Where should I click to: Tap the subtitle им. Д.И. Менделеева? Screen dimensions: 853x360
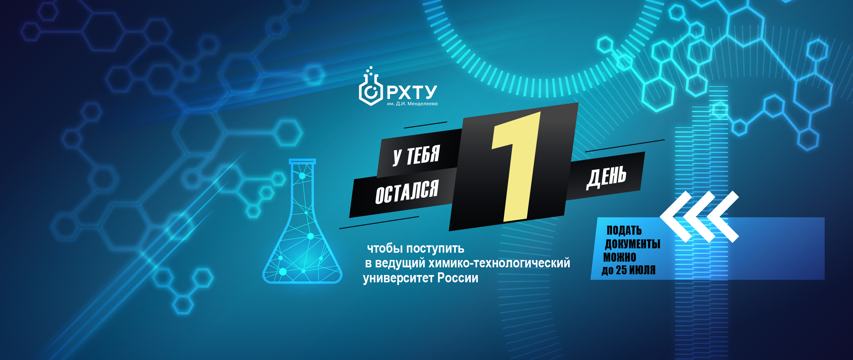(x=412, y=104)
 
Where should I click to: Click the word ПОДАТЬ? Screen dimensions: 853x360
(x=624, y=230)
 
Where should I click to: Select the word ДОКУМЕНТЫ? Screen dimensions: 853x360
(x=632, y=244)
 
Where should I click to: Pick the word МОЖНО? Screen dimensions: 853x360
(x=620, y=257)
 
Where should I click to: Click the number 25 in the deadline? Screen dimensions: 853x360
(x=621, y=270)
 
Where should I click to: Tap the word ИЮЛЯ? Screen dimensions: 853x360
(x=642, y=270)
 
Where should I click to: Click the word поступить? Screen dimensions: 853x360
(x=435, y=249)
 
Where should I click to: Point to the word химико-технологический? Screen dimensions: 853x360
(x=499, y=263)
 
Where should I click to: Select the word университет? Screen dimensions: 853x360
(x=399, y=278)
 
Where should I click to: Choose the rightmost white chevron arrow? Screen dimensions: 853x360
(x=723, y=217)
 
